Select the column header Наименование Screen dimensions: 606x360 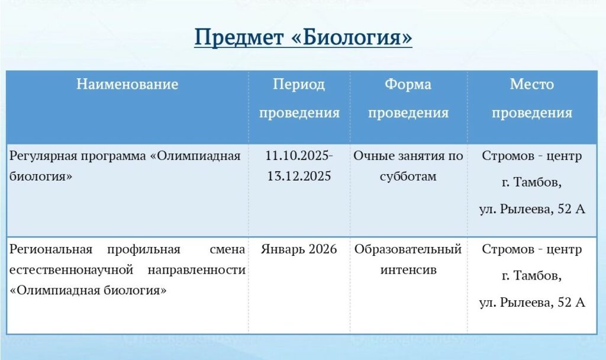point(127,84)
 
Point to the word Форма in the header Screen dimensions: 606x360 point(408,84)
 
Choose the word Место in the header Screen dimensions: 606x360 point(532,84)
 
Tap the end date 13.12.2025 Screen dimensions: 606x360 point(299,176)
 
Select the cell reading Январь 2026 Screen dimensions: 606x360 point(299,249)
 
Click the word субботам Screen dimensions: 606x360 point(408,176)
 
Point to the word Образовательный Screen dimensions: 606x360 point(408,250)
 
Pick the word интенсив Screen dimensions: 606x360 point(408,270)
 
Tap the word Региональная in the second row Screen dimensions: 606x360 point(51,249)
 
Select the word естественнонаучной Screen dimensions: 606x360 point(71,270)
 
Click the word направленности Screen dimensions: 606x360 point(196,270)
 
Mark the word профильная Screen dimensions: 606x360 point(144,250)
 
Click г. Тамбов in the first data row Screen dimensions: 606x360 point(532,182)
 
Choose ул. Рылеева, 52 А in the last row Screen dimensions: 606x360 point(532,303)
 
